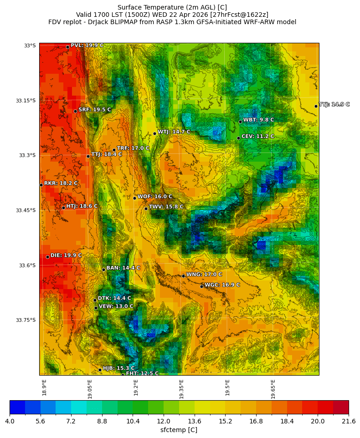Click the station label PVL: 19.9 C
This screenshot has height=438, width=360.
(87, 46)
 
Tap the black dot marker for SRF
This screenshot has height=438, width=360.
(75, 111)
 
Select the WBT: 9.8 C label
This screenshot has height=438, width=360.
(258, 120)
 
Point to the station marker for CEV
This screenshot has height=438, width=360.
(238, 138)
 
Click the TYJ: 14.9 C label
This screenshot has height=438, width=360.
(334, 105)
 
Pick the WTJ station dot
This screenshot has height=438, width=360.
(154, 133)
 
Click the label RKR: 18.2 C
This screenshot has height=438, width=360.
(61, 183)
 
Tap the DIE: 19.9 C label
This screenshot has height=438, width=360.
(66, 255)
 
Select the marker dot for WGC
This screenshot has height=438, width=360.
(201, 286)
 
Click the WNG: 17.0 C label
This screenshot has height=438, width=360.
(204, 275)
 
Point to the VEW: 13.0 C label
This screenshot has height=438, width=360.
(116, 306)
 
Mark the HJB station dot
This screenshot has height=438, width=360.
(100, 370)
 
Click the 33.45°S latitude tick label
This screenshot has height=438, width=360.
(26, 210)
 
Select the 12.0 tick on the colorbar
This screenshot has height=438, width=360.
(164, 422)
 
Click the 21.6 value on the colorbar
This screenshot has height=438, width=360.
(349, 422)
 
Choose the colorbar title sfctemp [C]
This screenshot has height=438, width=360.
(179, 430)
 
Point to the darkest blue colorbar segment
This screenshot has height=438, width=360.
(17, 407)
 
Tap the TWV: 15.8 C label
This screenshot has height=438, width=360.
(166, 207)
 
